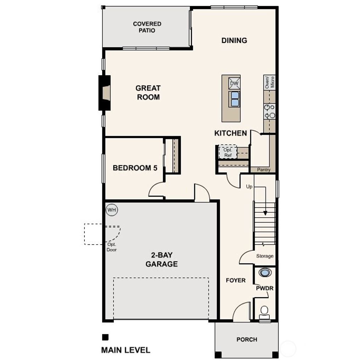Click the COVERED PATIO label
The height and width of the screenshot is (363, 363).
tap(147, 27)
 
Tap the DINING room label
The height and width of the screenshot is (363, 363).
tap(234, 40)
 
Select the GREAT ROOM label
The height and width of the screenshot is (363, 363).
tap(148, 93)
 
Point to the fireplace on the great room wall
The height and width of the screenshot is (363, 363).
tap(105, 93)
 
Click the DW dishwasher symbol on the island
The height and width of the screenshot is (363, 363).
tap(234, 83)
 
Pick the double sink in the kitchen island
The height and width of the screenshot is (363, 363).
tap(234, 99)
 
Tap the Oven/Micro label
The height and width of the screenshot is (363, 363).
tap(269, 82)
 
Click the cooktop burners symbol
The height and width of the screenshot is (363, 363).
tap(269, 111)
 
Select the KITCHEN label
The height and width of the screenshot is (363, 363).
tap(230, 133)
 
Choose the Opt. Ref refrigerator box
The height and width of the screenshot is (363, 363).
tap(227, 152)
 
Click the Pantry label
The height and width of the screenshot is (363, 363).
tap(263, 170)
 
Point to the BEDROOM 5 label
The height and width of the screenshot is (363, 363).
tap(135, 168)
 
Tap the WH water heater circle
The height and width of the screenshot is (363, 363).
tap(112, 210)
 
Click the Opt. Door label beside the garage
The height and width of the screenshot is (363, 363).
tap(111, 247)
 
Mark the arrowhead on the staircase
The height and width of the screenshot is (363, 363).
tap(265, 213)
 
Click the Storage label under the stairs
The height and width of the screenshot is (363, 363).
tap(264, 256)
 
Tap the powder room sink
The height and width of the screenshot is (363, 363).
tap(265, 273)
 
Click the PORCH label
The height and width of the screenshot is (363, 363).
tap(247, 340)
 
